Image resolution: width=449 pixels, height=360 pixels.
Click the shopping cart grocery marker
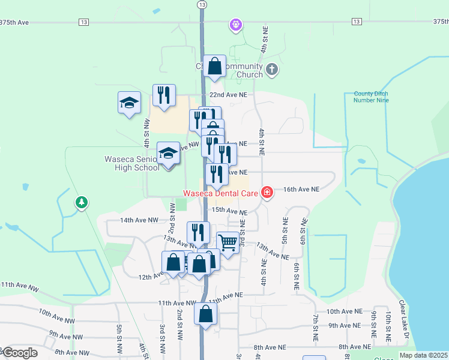point(228,243)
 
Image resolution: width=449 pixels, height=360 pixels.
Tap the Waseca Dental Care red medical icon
point(267,193)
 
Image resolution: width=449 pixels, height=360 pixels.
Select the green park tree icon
point(81,203)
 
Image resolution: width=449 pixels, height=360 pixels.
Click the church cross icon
point(271,69)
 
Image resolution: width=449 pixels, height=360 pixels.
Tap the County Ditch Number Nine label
point(371,97)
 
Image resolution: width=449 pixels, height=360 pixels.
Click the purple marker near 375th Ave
point(236,25)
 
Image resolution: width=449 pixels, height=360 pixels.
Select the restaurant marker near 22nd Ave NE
point(164,95)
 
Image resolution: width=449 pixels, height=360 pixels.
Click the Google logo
point(20,353)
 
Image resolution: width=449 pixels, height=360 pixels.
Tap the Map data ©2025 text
point(424,355)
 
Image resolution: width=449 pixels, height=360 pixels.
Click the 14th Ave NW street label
point(139,220)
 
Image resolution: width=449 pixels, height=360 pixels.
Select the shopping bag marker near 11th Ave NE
point(206,313)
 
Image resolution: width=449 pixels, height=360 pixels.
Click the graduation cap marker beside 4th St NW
point(129,103)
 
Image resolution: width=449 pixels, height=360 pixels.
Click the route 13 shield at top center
point(202,4)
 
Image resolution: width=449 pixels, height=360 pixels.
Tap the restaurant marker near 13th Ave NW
point(199,232)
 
